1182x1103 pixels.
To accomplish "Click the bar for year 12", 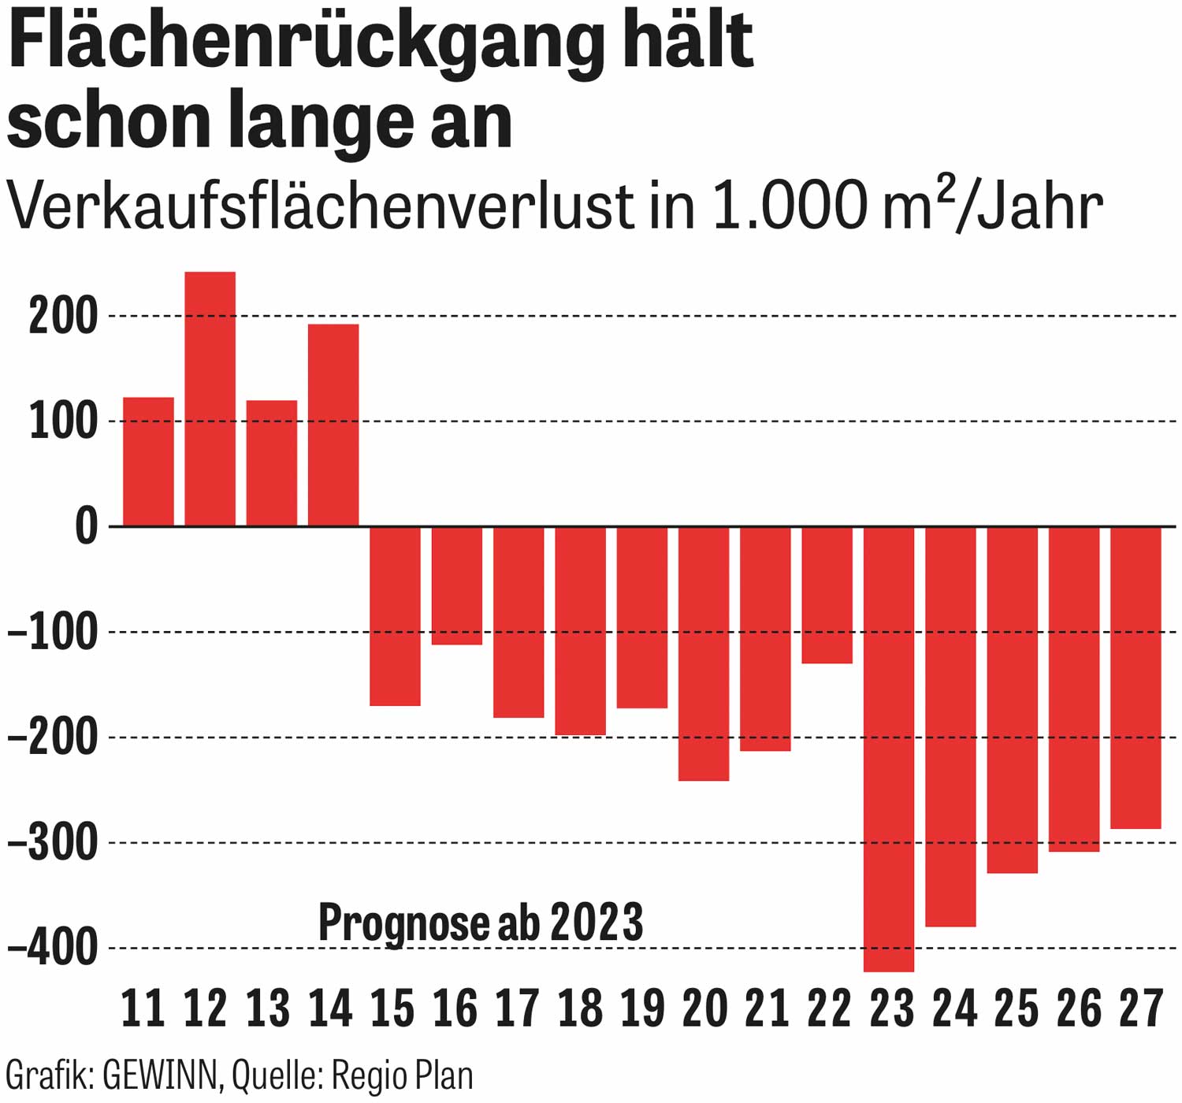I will click(210, 399).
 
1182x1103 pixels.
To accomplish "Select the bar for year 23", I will click(889, 748).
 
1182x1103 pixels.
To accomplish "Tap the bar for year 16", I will click(457, 585).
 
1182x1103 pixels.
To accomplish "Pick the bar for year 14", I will click(333, 425).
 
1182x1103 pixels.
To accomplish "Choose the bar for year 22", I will click(827, 595).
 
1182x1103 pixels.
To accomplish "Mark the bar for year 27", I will click(1136, 678).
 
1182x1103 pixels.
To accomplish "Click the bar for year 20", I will click(704, 654).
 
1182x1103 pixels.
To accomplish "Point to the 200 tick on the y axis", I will click(63, 318).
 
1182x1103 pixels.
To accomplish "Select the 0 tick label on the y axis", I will click(86, 527).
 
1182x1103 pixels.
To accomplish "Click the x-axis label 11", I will click(143, 1008).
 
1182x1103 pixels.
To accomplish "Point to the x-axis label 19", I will click(642, 1008).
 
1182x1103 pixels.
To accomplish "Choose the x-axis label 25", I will click(1016, 1008).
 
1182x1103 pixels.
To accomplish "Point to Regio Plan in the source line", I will click(402, 1076).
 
